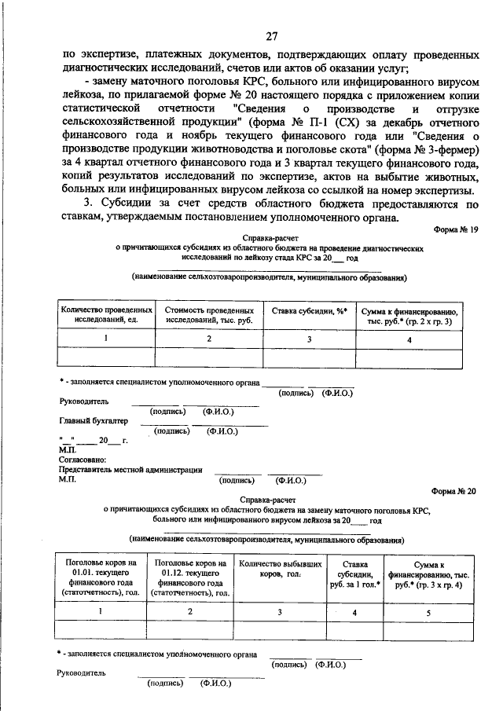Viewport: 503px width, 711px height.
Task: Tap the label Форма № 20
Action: (x=455, y=489)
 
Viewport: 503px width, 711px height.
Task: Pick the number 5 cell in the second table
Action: (x=428, y=611)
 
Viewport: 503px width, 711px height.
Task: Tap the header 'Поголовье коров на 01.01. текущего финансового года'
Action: (x=100, y=579)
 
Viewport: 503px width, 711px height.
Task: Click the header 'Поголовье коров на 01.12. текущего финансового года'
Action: (x=192, y=579)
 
